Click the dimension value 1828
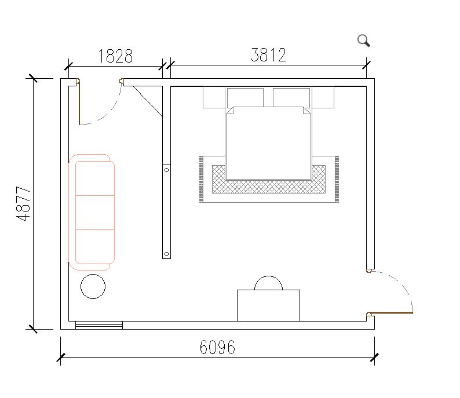(115, 56)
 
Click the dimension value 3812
(268, 55)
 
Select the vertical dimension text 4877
(24, 203)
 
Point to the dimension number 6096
(217, 347)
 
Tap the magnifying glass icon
(363, 41)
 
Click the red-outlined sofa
(92, 212)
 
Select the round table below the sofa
(93, 286)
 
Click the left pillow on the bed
(245, 97)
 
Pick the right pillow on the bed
(291, 97)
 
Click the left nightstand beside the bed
(214, 97)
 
